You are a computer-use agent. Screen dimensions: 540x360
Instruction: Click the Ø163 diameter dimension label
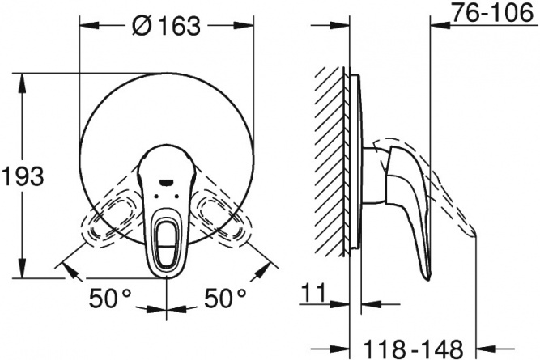[166, 25]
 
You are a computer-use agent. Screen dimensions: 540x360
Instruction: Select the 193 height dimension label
[23, 176]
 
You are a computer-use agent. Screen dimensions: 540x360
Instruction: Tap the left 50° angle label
[110, 298]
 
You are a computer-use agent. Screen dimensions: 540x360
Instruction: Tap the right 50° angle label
[226, 298]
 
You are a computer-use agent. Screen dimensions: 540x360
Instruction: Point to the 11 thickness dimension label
[313, 293]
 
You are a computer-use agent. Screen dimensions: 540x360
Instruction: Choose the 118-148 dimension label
[413, 349]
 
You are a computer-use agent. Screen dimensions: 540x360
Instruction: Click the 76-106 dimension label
[492, 12]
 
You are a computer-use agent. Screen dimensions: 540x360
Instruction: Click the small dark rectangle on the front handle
[166, 182]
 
